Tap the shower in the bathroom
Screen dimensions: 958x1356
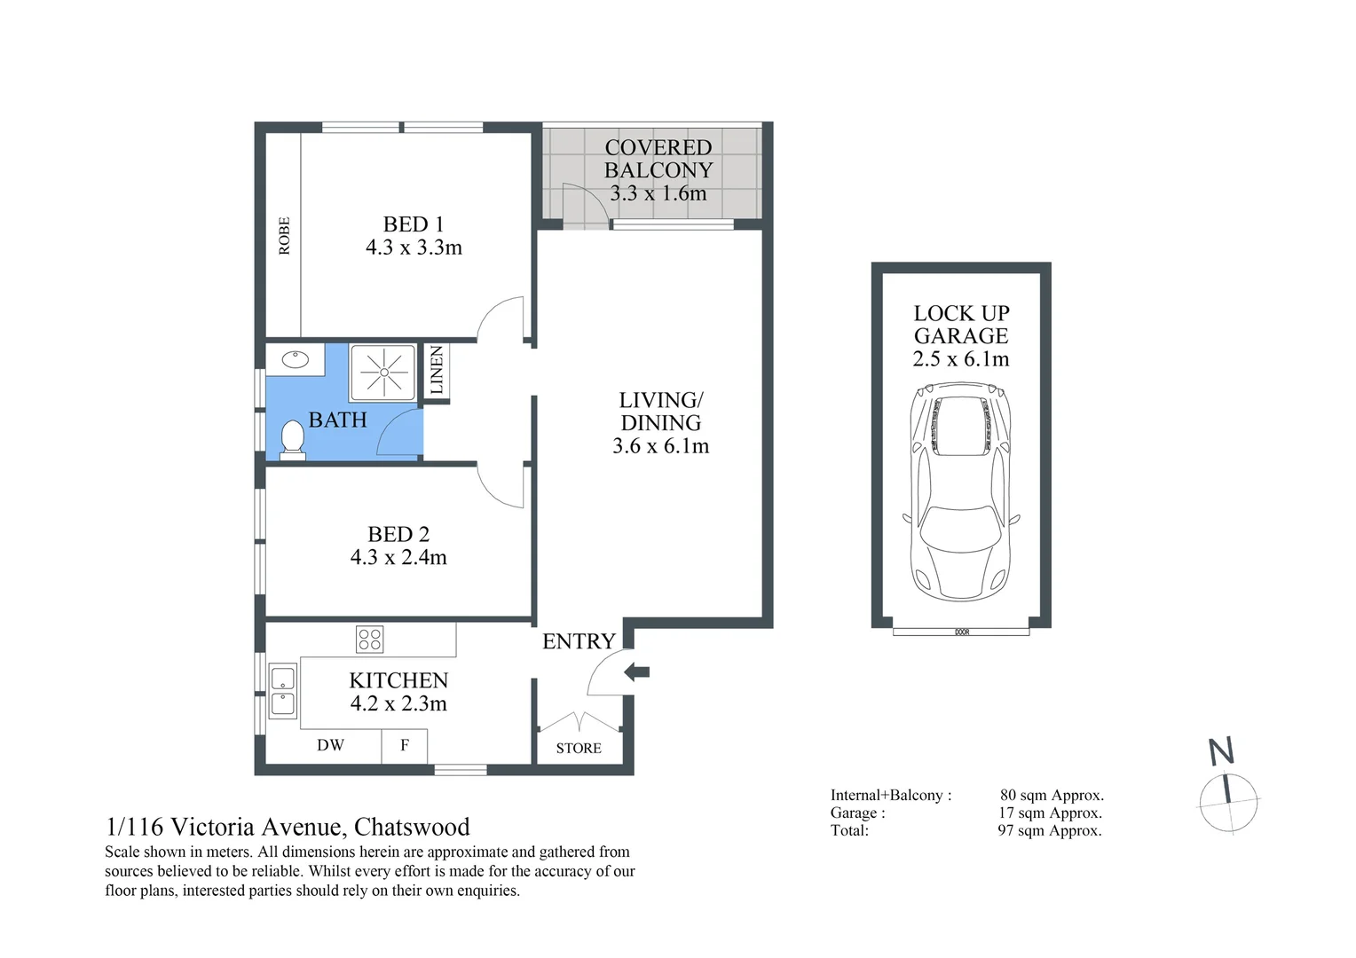pyautogui.click(x=382, y=372)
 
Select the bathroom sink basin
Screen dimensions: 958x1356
pyautogui.click(x=295, y=360)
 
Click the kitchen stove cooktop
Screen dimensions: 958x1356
pyautogui.click(x=369, y=639)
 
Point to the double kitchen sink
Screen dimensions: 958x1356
pyautogui.click(x=282, y=692)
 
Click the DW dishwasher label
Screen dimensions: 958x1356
pyautogui.click(x=330, y=745)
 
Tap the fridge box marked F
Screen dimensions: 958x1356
pyautogui.click(x=405, y=745)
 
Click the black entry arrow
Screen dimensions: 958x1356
pyautogui.click(x=637, y=672)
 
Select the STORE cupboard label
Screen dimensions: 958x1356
pyautogui.click(x=579, y=748)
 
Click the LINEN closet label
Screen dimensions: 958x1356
pyautogui.click(x=436, y=371)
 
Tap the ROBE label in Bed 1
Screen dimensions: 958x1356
pyautogui.click(x=284, y=236)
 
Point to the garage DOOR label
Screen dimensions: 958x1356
pyautogui.click(x=962, y=632)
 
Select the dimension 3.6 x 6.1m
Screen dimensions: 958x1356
pyautogui.click(x=660, y=446)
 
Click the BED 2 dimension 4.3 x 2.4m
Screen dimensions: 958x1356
pyautogui.click(x=398, y=557)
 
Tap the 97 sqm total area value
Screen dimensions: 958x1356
pyautogui.click(x=1049, y=831)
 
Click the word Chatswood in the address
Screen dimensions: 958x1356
pyautogui.click(x=412, y=827)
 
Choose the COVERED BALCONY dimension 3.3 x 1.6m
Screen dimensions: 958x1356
pyautogui.click(x=658, y=193)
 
